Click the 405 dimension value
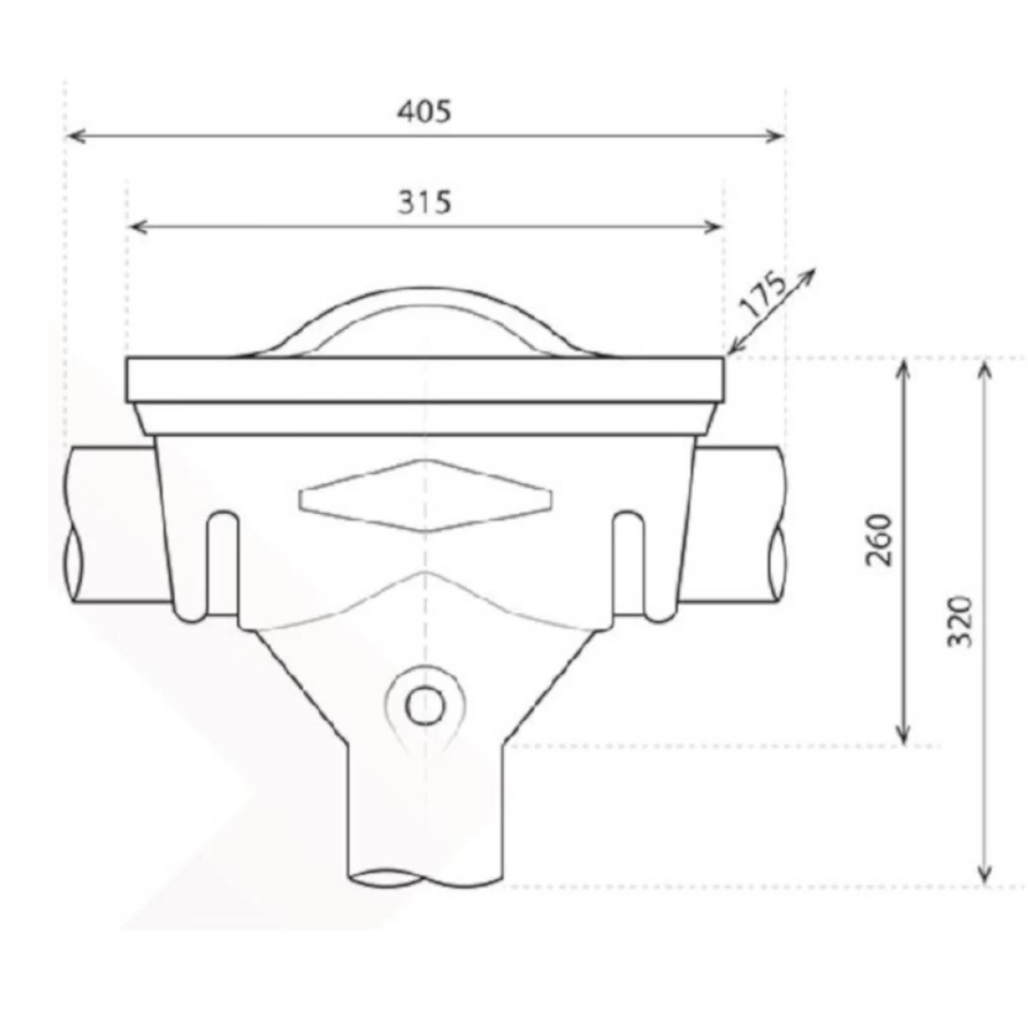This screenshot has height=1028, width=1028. [x=426, y=111]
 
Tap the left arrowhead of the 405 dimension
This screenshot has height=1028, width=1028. [x=74, y=135]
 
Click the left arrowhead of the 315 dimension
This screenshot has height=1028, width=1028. [x=134, y=226]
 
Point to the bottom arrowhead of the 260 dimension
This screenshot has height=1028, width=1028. [x=902, y=737]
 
